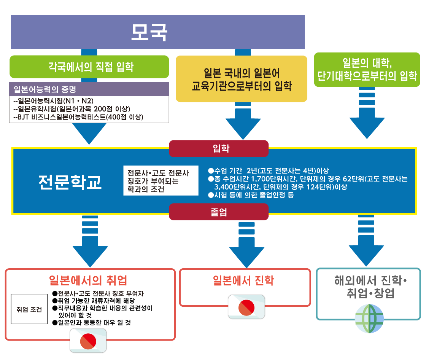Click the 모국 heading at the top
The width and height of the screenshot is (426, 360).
pyautogui.click(x=149, y=33)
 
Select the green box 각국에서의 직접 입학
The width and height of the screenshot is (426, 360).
pyautogui.click(x=89, y=67)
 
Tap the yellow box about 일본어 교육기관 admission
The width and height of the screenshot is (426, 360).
pyautogui.click(x=241, y=79)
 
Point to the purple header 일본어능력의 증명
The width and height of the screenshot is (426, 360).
pyautogui.click(x=89, y=90)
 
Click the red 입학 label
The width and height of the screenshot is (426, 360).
pyautogui.click(x=218, y=148)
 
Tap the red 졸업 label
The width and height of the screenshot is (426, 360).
pyautogui.click(x=218, y=212)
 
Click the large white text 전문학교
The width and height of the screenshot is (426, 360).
pyautogui.click(x=70, y=182)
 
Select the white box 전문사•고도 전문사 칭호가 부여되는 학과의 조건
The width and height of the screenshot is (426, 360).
pyautogui.click(x=161, y=180)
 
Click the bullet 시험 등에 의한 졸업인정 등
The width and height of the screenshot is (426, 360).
pyautogui.click(x=251, y=195)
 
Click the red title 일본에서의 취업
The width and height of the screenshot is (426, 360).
pyautogui.click(x=88, y=280)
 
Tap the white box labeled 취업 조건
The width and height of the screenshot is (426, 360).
pyautogui.click(x=29, y=309)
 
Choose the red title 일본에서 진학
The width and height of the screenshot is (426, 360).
pyautogui.click(x=243, y=281)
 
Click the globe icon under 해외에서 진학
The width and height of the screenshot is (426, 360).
pyautogui.click(x=369, y=319)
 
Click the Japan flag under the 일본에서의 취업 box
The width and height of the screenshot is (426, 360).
pyautogui.click(x=88, y=340)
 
